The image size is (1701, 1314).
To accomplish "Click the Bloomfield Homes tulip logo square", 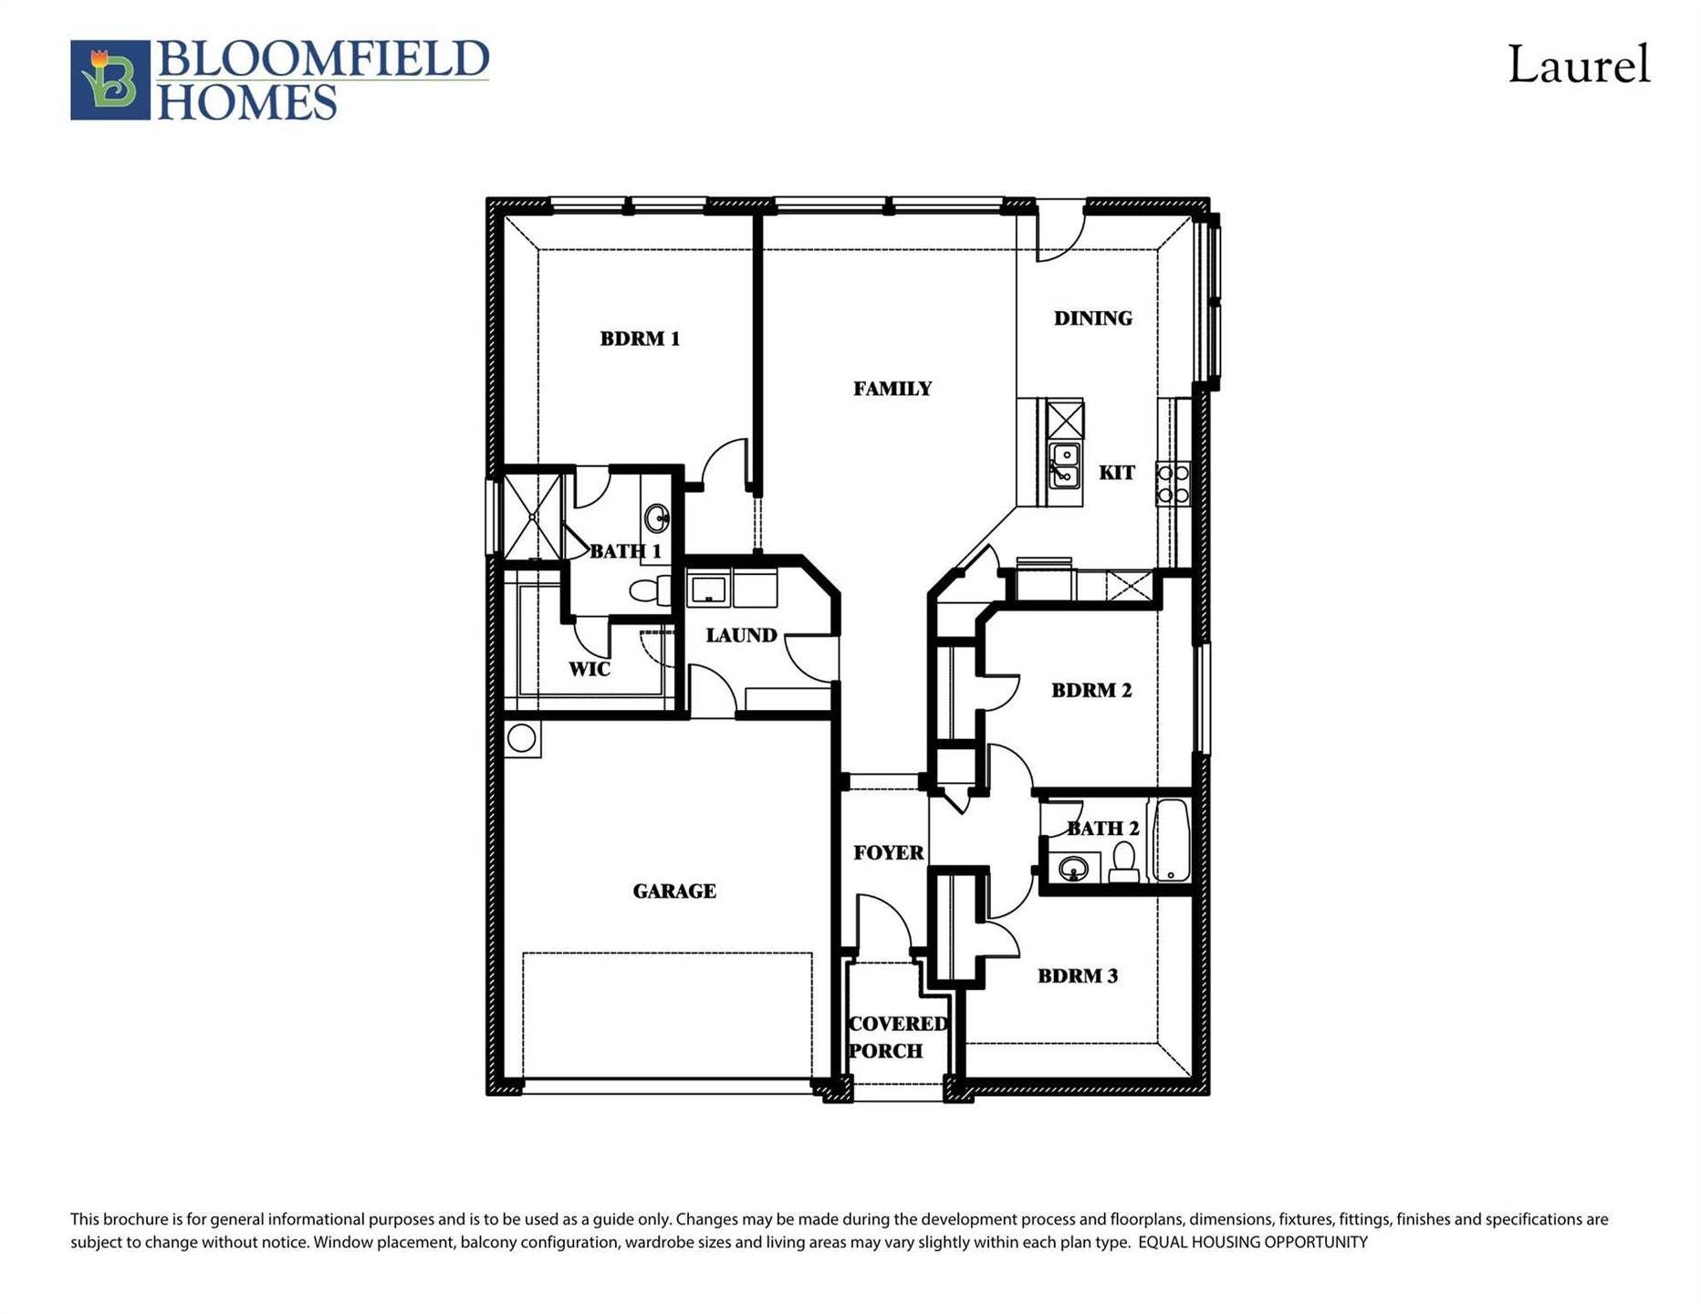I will [x=110, y=79].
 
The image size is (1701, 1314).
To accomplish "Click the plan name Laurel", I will [x=1578, y=66].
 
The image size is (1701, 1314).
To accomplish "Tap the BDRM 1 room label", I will [x=640, y=339].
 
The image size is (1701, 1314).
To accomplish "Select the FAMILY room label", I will [x=892, y=389].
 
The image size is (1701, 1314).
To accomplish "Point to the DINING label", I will [x=1092, y=318].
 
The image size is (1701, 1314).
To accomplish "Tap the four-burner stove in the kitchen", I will [x=1173, y=485].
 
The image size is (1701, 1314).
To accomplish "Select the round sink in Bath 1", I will [x=656, y=519].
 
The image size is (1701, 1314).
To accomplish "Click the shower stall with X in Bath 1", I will [x=532, y=516].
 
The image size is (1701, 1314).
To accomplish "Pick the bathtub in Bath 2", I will [x=1171, y=840].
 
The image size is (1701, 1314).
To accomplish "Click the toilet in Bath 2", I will [x=1124, y=861].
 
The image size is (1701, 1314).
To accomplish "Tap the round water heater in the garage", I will [x=522, y=738].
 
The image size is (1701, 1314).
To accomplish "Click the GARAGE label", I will [x=674, y=891].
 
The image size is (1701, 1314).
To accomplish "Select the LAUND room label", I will [x=741, y=635].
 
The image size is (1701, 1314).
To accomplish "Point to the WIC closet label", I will [x=590, y=669].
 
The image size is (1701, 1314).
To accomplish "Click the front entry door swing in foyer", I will [x=882, y=922].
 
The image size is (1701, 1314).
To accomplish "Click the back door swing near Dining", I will [x=1058, y=234].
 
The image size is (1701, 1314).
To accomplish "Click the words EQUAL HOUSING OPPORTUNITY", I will [x=1252, y=1242].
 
